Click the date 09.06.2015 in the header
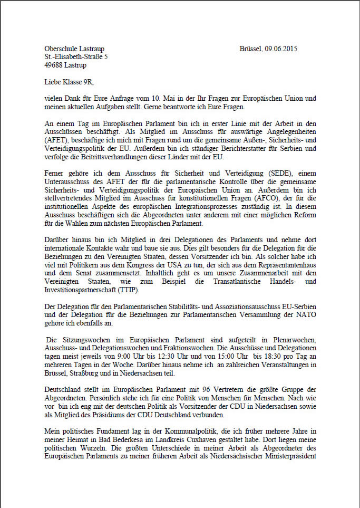click(280, 49)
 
